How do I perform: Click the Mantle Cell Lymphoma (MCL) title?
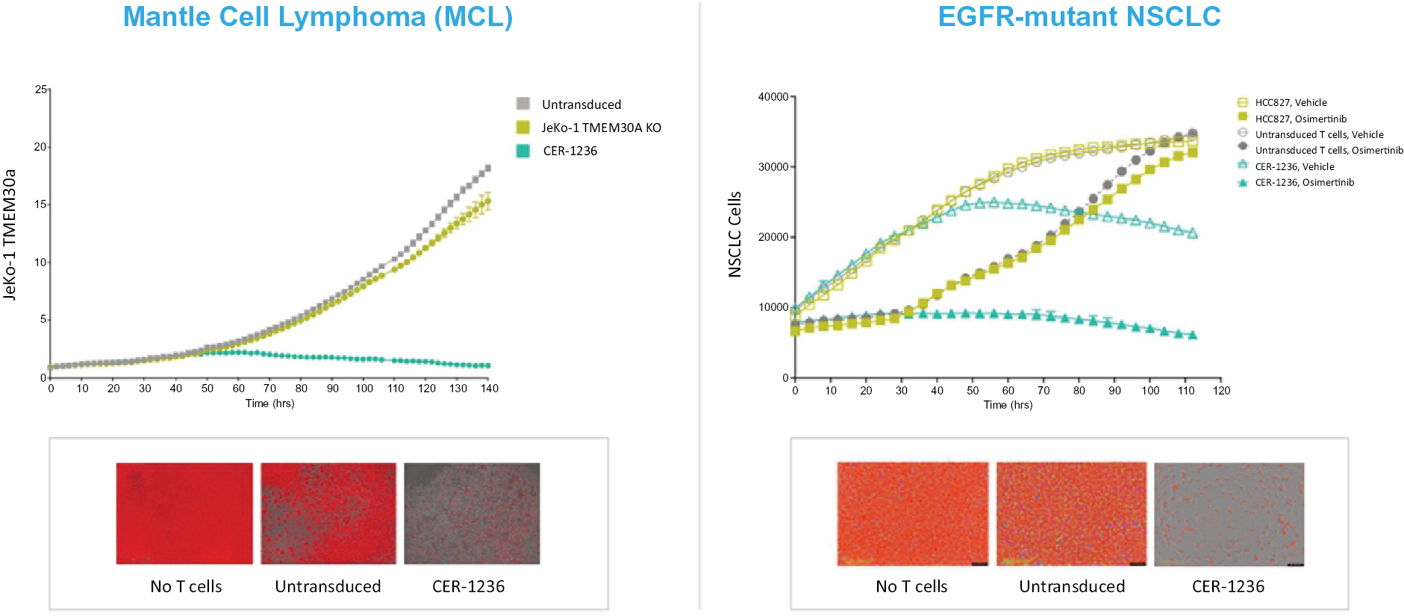[x=318, y=17]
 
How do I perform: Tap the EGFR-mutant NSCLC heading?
[x=1079, y=17]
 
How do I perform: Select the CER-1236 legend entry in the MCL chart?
[x=570, y=151]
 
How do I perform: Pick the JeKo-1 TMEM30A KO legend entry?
[x=601, y=128]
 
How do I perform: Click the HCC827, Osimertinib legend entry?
[x=1300, y=119]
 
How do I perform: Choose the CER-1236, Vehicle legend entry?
[x=1294, y=167]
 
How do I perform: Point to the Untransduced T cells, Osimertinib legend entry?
[x=1329, y=151]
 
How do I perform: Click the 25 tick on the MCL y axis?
[x=40, y=89]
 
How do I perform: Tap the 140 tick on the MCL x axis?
[x=489, y=389]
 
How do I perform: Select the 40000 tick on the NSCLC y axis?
[x=773, y=97]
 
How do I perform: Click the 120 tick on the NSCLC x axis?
[x=1221, y=391]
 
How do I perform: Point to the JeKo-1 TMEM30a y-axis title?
[x=10, y=235]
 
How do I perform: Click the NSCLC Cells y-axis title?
[x=735, y=234]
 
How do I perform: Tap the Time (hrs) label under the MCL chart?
[x=269, y=403]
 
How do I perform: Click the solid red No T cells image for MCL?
[x=184, y=513]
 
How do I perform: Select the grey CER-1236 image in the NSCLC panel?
[x=1229, y=514]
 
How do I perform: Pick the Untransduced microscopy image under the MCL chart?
[x=328, y=513]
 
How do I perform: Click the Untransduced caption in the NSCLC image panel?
[x=1072, y=587]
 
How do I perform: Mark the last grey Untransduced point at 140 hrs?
[x=488, y=169]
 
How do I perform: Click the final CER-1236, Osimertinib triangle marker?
[x=1193, y=336]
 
